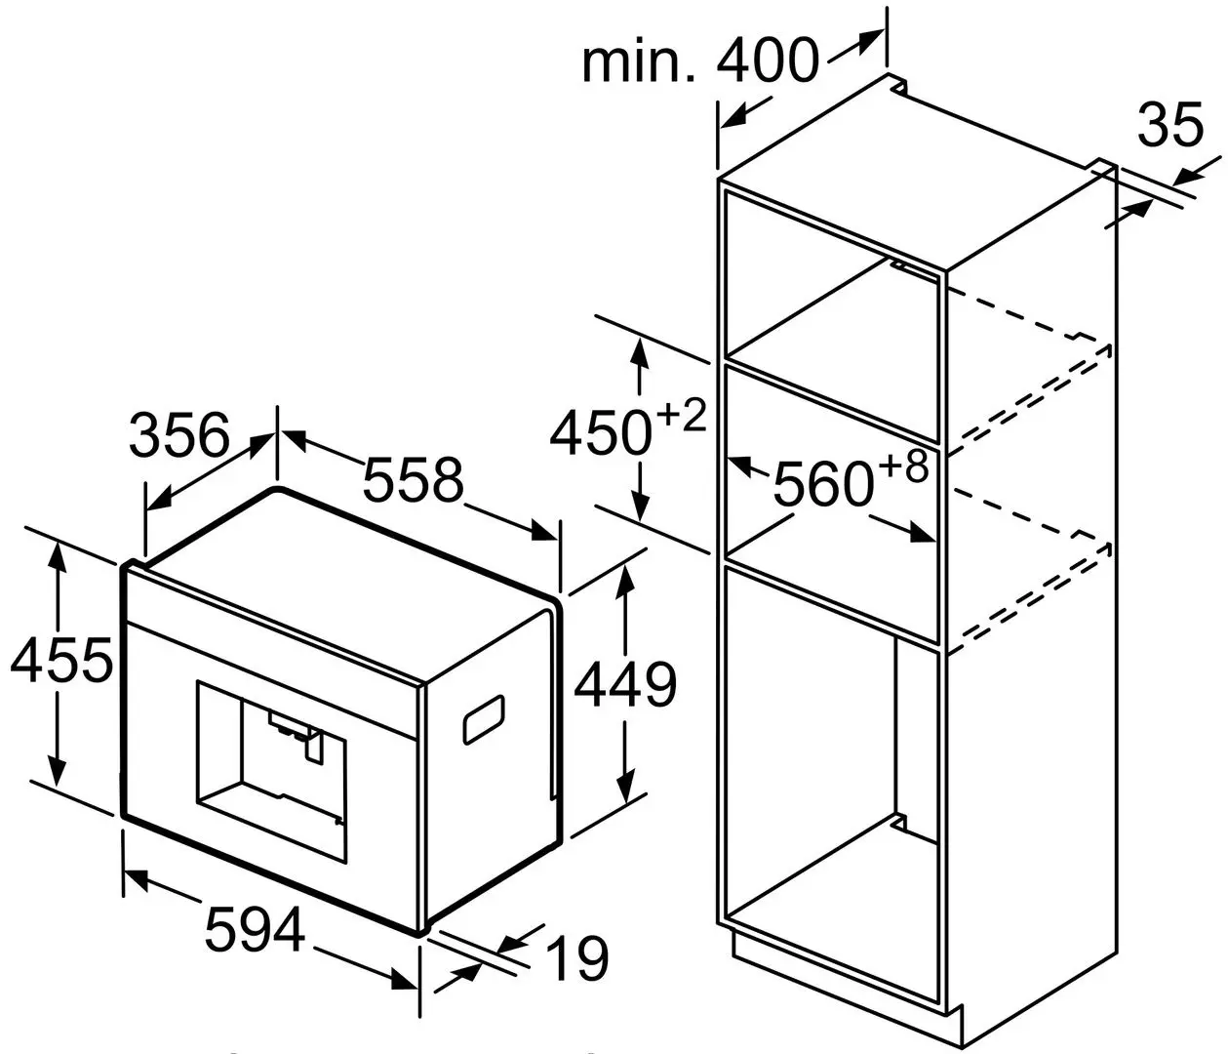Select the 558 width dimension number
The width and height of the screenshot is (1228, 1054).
411,479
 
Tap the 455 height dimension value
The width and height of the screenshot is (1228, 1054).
61,663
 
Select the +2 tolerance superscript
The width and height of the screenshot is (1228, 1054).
680,417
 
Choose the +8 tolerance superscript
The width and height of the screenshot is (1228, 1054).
902,468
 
